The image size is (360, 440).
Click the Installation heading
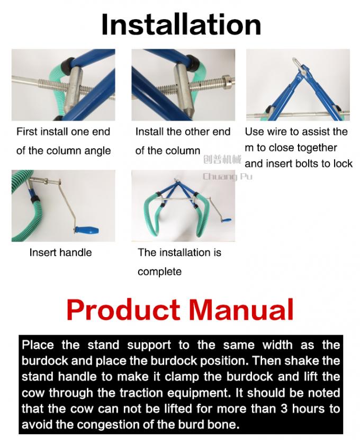[x=181, y=25]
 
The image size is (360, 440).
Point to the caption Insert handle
[x=60, y=253]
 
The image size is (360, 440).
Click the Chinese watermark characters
[x=222, y=160]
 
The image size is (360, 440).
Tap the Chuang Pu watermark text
[x=228, y=176]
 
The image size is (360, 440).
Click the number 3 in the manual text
[x=284, y=408]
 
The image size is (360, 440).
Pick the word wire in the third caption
[x=278, y=132]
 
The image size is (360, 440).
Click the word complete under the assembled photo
[x=160, y=272]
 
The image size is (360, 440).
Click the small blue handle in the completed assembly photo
[x=227, y=221]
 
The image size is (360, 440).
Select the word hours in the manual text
[x=308, y=408]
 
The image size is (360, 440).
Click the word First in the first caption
[x=27, y=132]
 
